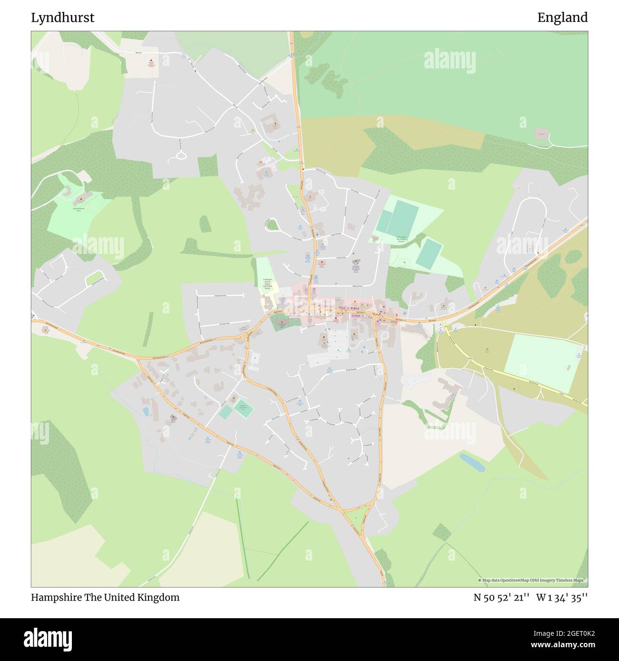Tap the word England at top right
point(562,18)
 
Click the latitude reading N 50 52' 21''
point(501,597)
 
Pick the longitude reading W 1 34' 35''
point(562,597)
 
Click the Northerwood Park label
point(79,208)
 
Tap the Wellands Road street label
point(345,286)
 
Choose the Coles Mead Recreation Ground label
point(400,239)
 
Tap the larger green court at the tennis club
point(243,408)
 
